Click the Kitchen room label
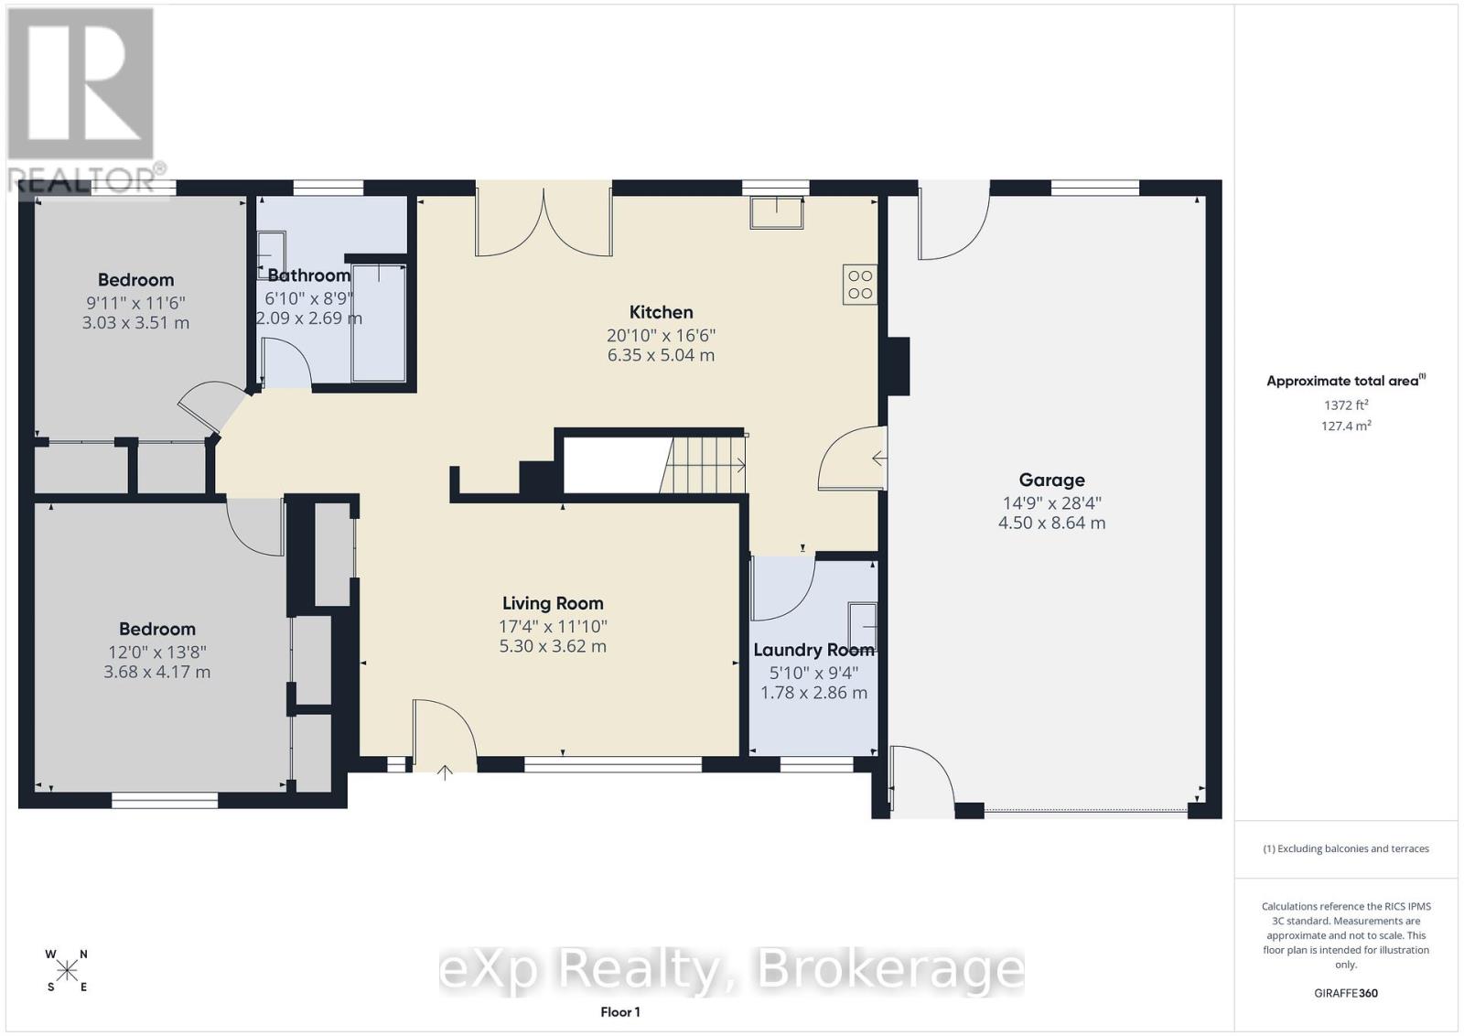pos(661,312)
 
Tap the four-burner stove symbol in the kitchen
pos(860,284)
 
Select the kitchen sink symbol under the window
pos(776,212)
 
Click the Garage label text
pos(1051,480)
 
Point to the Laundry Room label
pos(813,650)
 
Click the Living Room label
pos(553,603)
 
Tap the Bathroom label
pos(308,275)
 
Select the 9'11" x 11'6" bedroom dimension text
pos(135,303)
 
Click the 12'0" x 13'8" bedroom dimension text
pos(156,652)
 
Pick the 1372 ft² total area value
pos(1345,405)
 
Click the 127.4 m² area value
pos(1345,426)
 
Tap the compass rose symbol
pos(67,970)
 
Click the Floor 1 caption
pos(619,1011)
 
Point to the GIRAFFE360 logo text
pos(1345,993)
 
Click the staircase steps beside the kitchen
pos(705,465)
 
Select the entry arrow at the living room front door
pos(445,772)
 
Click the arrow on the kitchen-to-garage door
pos(878,458)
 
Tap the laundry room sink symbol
pos(862,626)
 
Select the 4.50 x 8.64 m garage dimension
pos(1051,523)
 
